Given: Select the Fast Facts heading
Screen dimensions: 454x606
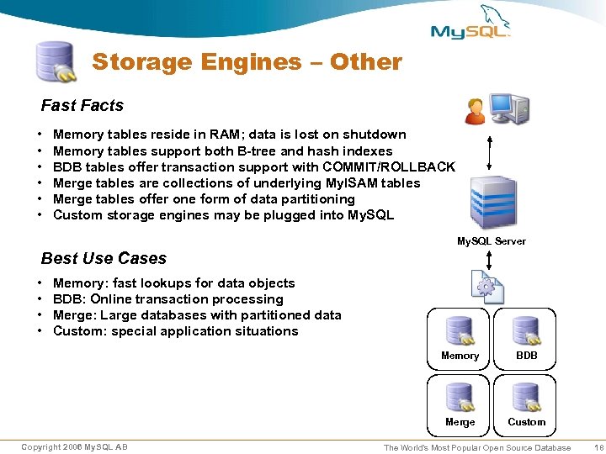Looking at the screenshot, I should (82, 106).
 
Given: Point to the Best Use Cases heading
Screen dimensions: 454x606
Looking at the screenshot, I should (104, 258).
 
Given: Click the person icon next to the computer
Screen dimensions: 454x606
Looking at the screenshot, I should (476, 110).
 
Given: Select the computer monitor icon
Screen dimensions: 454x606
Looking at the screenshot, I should (508, 108).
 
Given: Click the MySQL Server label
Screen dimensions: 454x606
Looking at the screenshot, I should (492, 241).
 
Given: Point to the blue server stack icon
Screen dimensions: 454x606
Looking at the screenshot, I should (492, 200).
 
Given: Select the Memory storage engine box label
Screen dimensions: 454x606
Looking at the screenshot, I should (460, 356).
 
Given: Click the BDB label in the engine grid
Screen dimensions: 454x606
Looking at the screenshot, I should (527, 356).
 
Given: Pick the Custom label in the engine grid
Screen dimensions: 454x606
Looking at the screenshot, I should (527, 422).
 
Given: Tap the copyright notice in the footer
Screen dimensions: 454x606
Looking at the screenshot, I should (74, 446).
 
